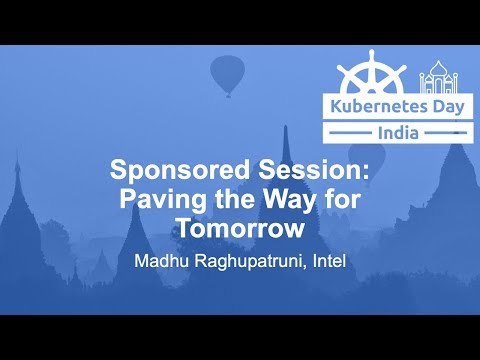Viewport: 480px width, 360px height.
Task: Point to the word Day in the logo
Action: [440, 107]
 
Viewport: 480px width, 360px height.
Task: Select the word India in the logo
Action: [398, 133]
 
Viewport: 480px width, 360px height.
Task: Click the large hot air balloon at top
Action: [228, 73]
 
